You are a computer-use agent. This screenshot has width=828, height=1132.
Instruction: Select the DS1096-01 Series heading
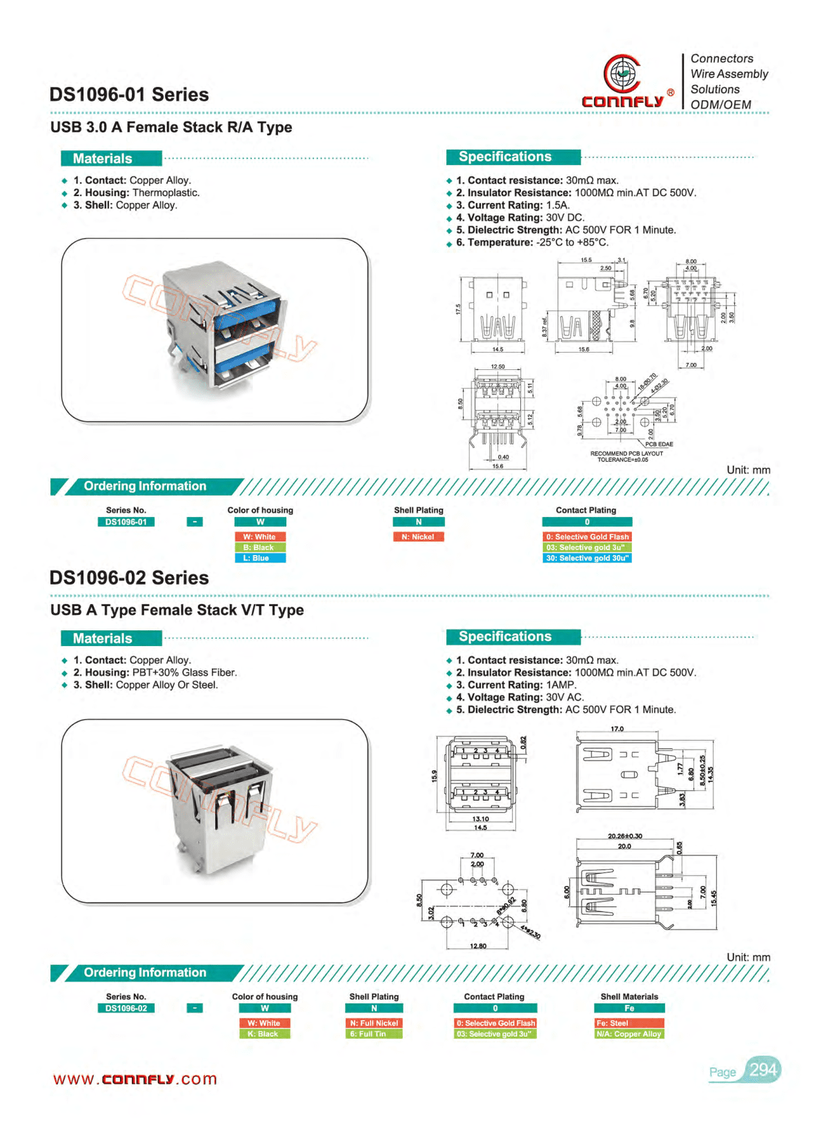click(x=129, y=95)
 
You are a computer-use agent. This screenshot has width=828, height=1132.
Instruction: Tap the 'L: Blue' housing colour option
click(x=260, y=558)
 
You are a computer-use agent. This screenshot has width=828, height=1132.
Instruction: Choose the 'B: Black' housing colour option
click(x=260, y=547)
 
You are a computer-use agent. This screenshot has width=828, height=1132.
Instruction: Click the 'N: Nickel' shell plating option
click(x=418, y=537)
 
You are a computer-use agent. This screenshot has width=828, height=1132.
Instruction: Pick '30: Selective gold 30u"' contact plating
click(x=587, y=558)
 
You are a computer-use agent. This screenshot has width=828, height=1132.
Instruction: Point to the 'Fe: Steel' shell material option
click(x=629, y=1023)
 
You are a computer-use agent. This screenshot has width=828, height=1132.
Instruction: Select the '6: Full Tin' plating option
click(x=373, y=1034)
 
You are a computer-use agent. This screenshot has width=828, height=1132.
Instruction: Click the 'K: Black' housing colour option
click(x=264, y=1034)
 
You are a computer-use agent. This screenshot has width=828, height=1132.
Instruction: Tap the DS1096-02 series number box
click(x=126, y=1008)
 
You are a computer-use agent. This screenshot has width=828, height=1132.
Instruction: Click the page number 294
click(x=763, y=1070)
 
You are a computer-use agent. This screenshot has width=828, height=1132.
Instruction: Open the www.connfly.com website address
click(x=135, y=1079)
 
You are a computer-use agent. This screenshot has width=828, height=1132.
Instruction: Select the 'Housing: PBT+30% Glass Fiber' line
click(x=155, y=672)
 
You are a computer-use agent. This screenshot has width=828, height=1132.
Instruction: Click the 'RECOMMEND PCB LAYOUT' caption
click(x=626, y=453)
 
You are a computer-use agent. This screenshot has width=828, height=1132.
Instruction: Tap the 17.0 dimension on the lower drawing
click(x=617, y=729)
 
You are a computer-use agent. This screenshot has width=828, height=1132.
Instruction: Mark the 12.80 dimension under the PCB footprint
click(x=478, y=946)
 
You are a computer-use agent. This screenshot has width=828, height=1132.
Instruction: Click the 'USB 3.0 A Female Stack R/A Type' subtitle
click(x=171, y=127)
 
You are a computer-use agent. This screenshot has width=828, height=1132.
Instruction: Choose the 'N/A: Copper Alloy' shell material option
click(x=629, y=1034)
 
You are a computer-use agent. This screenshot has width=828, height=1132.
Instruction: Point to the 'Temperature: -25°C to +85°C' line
click(x=531, y=242)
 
